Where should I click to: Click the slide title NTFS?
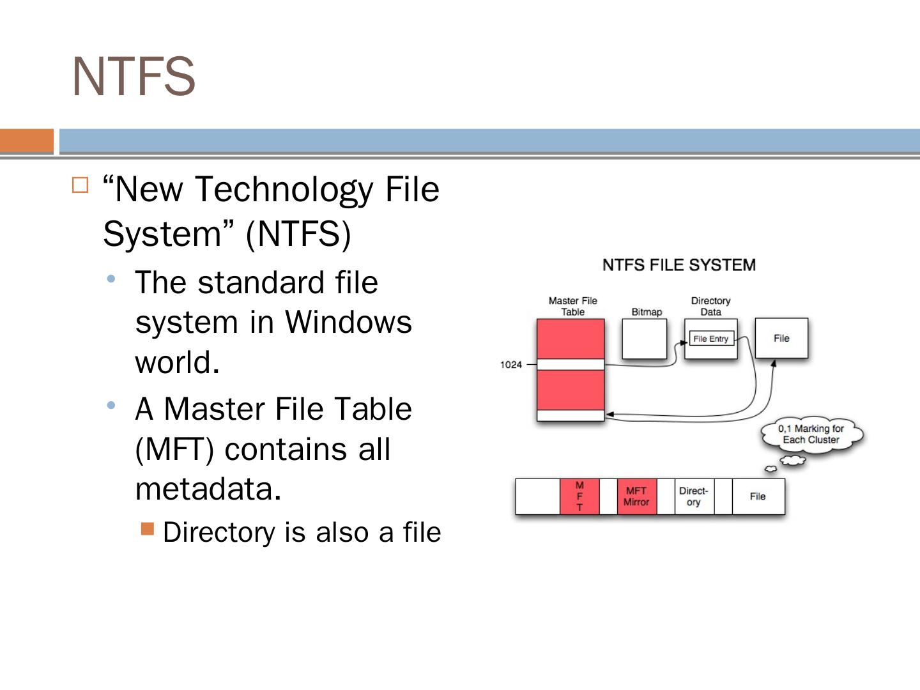pyautogui.click(x=134, y=77)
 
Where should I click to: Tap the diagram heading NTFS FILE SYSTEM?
pyautogui.click(x=678, y=265)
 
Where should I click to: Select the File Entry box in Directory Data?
pyautogui.click(x=710, y=339)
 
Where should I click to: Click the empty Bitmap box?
pyautogui.click(x=644, y=339)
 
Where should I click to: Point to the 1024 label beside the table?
pyautogui.click(x=510, y=365)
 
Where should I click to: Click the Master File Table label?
pyautogui.click(x=572, y=306)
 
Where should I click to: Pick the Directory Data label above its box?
pyautogui.click(x=710, y=306)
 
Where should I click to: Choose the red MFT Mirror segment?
pyautogui.click(x=636, y=496)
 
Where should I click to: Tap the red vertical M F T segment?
pyautogui.click(x=579, y=496)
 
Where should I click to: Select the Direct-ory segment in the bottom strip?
pyautogui.click(x=694, y=496)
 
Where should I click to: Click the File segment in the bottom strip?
pyautogui.click(x=758, y=496)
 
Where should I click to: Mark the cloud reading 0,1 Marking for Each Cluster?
pyautogui.click(x=811, y=434)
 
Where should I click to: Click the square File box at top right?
pyautogui.click(x=781, y=338)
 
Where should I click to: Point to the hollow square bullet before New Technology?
pyautogui.click(x=80, y=185)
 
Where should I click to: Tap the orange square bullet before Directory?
pyautogui.click(x=148, y=528)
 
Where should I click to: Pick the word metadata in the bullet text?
pyautogui.click(x=204, y=489)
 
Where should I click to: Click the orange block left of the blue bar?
pyautogui.click(x=27, y=141)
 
